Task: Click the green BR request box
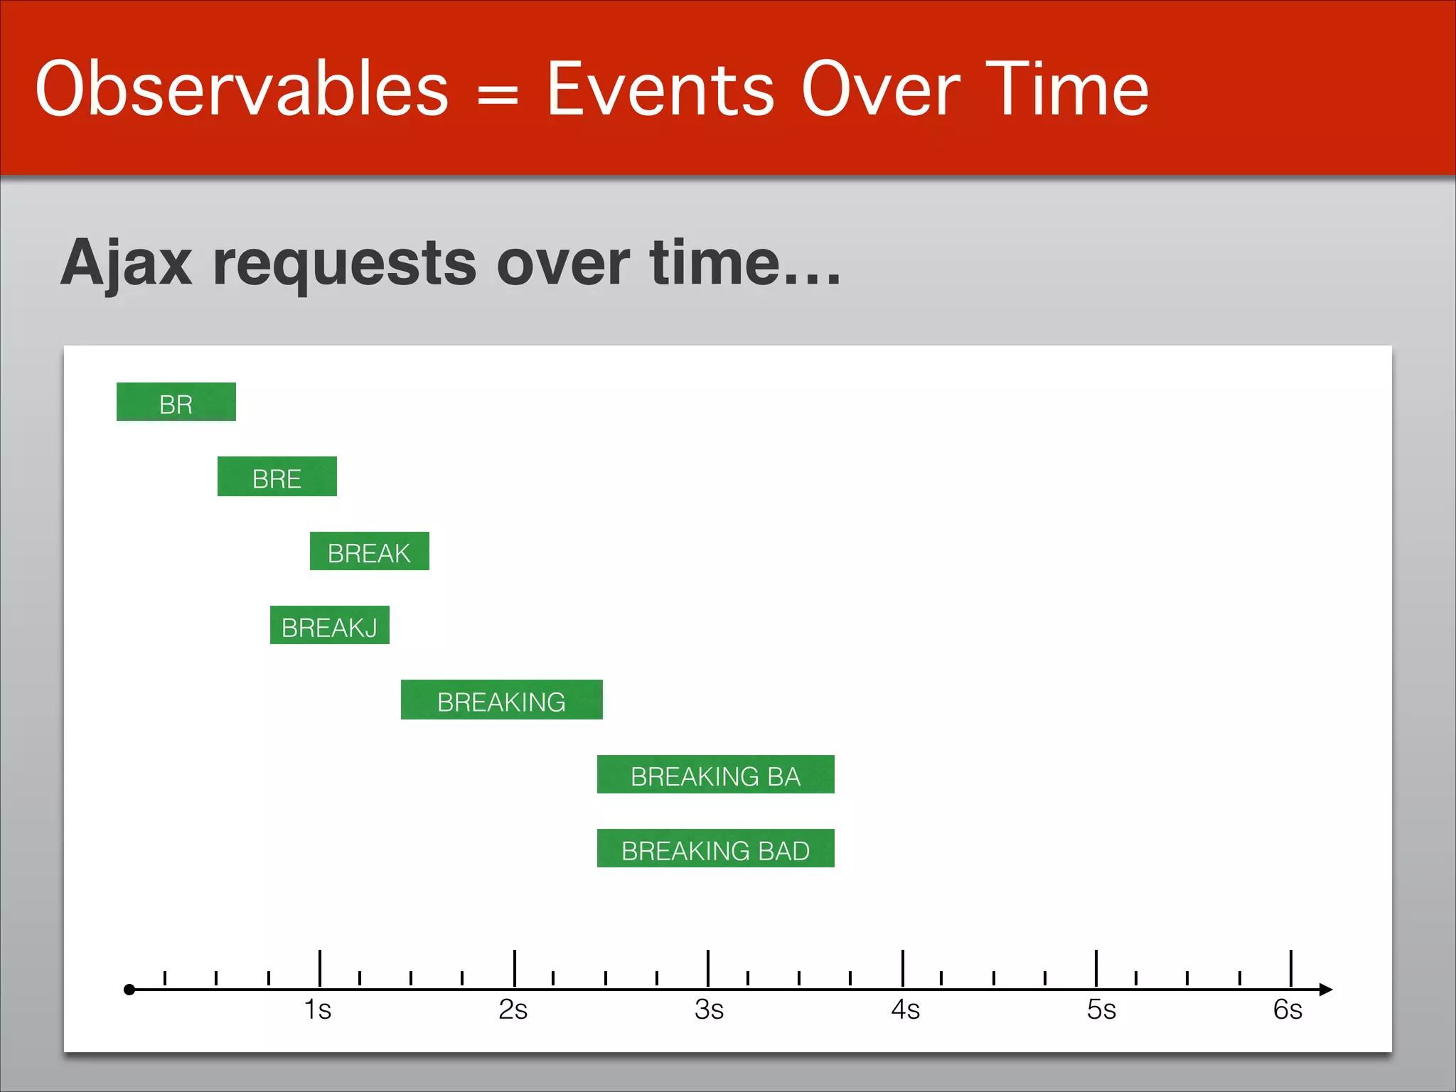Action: [176, 402]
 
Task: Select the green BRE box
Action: [277, 476]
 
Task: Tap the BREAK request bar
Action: [369, 551]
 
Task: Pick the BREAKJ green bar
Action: [329, 626]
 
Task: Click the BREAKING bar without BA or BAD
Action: [501, 700]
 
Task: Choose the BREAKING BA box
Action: [715, 774]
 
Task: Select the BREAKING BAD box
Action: [715, 849]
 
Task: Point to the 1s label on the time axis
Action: [318, 1010]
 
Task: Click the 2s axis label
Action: [513, 1010]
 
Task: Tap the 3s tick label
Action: [709, 1010]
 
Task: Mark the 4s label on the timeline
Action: [905, 1010]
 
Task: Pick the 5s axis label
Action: [1101, 1010]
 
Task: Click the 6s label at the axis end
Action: [1288, 1010]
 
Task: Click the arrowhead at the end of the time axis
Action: [1325, 989]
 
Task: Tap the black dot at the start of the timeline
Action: [129, 990]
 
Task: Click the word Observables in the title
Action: [242, 90]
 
